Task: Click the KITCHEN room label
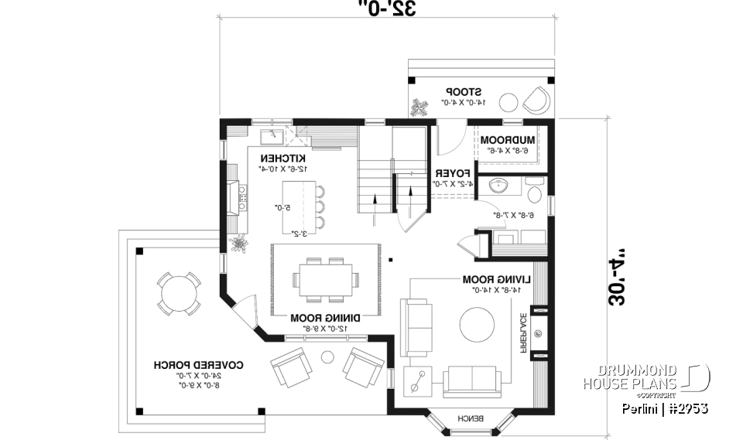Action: pyautogui.click(x=283, y=158)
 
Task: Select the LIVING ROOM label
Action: pyautogui.click(x=492, y=279)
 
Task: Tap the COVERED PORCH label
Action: pyautogui.click(x=188, y=364)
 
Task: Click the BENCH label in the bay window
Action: pyautogui.click(x=470, y=418)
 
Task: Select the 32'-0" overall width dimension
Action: pyautogui.click(x=388, y=10)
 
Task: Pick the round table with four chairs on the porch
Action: pyautogui.click(x=180, y=292)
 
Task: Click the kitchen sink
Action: pyautogui.click(x=271, y=137)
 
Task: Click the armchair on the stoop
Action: pyautogui.click(x=536, y=98)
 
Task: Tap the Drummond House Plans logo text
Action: pyautogui.click(x=631, y=377)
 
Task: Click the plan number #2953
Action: pyautogui.click(x=687, y=408)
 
